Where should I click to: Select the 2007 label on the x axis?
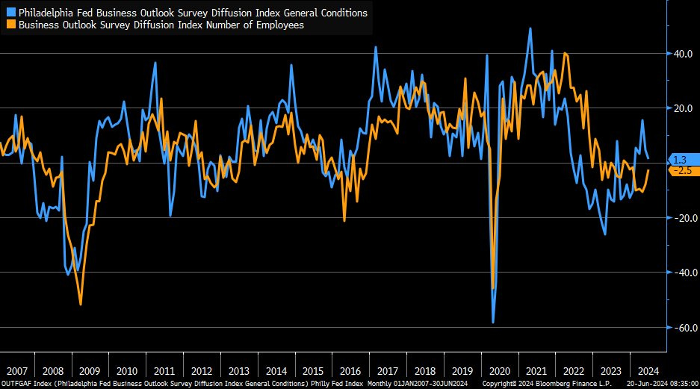16,371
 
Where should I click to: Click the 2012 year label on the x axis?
201,371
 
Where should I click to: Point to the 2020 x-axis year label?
498,371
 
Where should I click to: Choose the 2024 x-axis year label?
646,371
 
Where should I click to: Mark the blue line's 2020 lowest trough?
493,323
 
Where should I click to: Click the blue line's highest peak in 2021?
530,28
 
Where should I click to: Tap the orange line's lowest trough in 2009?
81,304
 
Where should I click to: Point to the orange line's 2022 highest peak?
565,53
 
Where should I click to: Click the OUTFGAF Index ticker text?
25,383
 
